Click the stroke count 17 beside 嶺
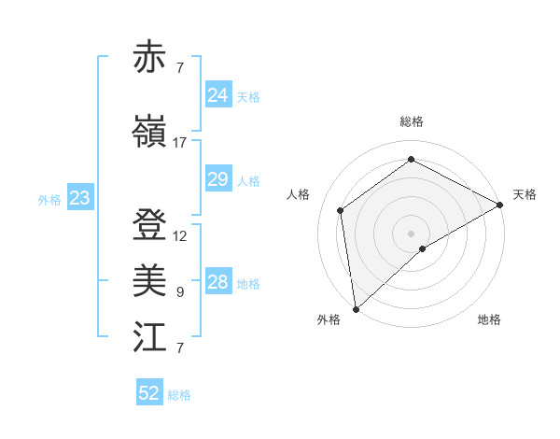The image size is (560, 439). pos(179,143)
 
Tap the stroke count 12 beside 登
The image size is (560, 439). pos(179,236)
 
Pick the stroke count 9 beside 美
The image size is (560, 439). pos(179,292)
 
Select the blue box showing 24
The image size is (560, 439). pos(217,95)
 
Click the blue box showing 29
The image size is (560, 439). pos(217,179)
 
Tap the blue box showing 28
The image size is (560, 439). pos(217,282)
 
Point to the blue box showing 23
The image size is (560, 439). pos(79,198)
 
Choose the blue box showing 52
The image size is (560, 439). pos(149,393)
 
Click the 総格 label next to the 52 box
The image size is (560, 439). pos(179,395)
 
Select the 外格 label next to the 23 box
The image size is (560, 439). pos(49,199)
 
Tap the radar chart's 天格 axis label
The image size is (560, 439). pos(525,194)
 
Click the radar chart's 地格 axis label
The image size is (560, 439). pos(489,319)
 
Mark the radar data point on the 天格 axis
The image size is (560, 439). pos(500,204)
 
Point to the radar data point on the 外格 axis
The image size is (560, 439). pos(356,308)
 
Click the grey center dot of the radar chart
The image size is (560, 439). pos(411,233)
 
